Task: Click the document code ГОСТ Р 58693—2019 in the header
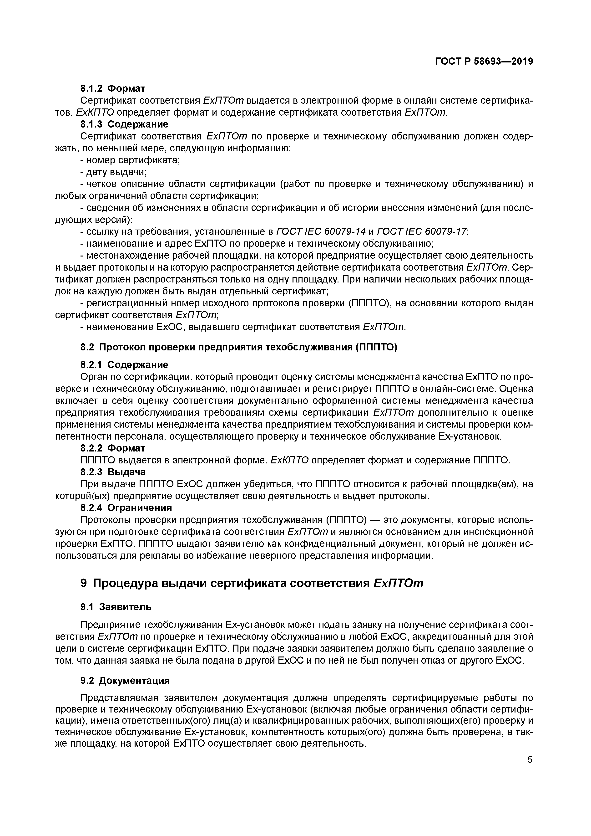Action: point(484,62)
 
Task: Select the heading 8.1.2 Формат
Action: point(113,88)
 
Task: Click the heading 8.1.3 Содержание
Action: point(124,124)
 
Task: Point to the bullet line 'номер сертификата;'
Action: point(130,160)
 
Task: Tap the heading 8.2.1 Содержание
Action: point(124,365)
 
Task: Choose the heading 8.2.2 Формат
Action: point(113,448)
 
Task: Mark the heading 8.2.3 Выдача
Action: point(113,472)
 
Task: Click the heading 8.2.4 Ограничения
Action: point(126,508)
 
